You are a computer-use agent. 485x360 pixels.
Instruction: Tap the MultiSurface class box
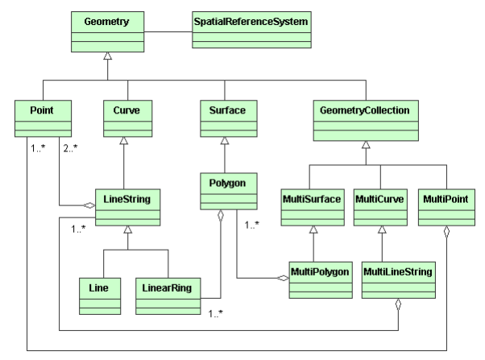point(311,209)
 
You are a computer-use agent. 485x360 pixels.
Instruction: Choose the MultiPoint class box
point(443,209)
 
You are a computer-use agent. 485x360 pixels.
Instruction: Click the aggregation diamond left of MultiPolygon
point(283,279)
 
